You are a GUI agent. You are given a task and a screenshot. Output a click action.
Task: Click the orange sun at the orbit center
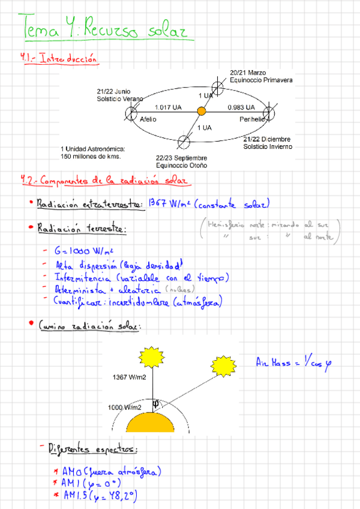(x=202, y=112)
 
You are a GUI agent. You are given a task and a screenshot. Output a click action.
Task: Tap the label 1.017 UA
(x=168, y=107)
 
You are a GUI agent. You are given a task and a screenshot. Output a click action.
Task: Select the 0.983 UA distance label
(x=241, y=107)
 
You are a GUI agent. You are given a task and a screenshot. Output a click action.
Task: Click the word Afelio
(x=148, y=119)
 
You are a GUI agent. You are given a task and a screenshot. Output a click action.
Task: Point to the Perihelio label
(x=251, y=119)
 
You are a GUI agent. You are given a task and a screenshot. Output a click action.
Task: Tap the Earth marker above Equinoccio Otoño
(x=184, y=142)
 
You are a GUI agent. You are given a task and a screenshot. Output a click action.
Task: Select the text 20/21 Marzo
(x=248, y=73)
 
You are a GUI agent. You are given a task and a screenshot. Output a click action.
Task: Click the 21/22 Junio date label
(x=113, y=91)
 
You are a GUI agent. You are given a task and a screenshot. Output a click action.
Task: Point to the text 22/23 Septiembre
(x=182, y=157)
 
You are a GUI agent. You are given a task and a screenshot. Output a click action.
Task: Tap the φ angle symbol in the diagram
(x=156, y=403)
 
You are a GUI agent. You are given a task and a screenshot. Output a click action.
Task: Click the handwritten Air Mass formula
(x=293, y=363)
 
